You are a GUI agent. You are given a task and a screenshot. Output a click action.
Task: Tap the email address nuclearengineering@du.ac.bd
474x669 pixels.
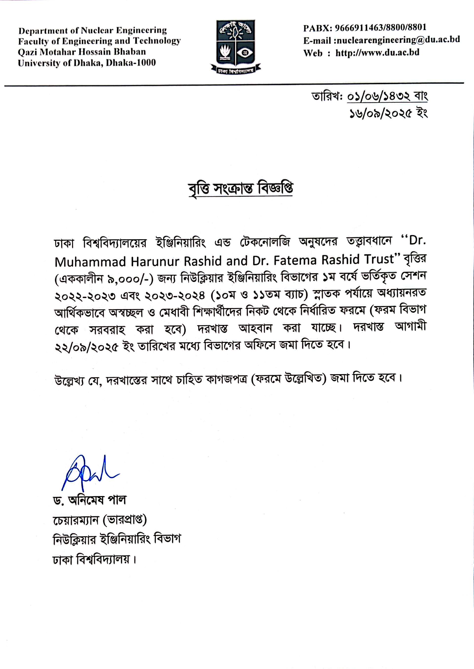click(x=398, y=40)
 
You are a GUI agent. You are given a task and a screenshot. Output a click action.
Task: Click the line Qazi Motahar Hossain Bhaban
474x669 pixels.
click(x=82, y=52)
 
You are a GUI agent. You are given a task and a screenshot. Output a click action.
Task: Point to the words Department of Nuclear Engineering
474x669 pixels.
click(x=93, y=30)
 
